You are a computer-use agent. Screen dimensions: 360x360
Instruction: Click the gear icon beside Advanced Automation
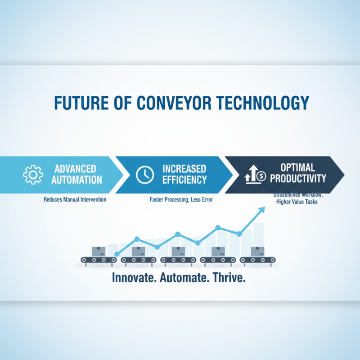tap(33, 174)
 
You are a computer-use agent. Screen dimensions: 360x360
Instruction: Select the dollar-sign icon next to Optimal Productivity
tap(255, 174)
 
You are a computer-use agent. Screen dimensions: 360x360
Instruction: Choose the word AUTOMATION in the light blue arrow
tap(76, 180)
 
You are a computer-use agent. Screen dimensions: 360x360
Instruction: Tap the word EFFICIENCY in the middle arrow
tap(184, 180)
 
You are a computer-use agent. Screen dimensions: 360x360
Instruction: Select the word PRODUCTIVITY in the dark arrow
tap(297, 179)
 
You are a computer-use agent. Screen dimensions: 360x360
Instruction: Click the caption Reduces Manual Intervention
tap(75, 199)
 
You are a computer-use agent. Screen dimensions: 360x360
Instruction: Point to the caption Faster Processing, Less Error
tap(181, 199)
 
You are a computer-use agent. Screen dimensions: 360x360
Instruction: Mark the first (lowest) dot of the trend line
tap(117, 255)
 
